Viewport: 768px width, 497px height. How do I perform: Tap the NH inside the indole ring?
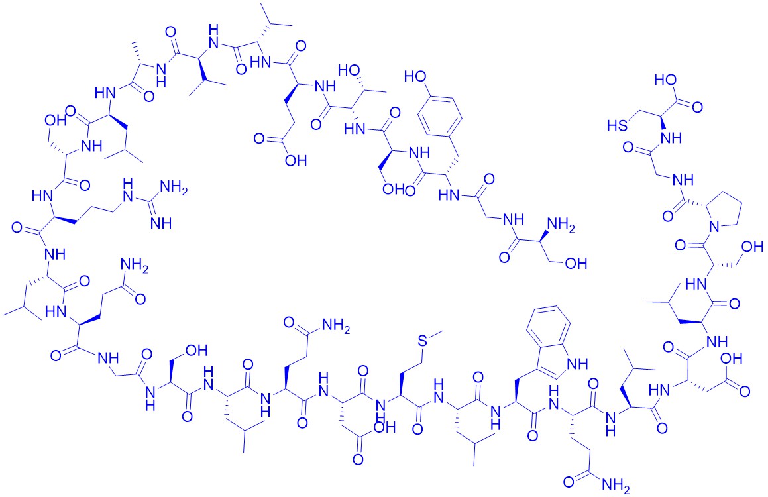tap(576, 363)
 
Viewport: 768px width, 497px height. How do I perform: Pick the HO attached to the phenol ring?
tap(414, 76)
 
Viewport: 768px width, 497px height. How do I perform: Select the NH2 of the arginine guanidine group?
tap(174, 188)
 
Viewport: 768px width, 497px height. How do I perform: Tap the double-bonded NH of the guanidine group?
tap(162, 223)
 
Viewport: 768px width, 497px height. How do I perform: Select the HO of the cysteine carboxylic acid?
tap(666, 80)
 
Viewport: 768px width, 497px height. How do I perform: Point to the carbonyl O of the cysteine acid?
tap(697, 107)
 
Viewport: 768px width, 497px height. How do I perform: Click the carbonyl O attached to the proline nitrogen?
tap(681, 245)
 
